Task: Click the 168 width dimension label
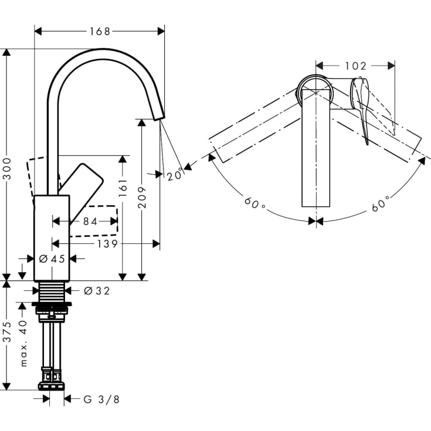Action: tap(99, 31)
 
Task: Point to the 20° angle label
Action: tap(174, 174)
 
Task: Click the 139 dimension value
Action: tap(106, 244)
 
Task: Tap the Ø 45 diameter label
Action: tap(52, 259)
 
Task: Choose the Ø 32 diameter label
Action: tap(96, 290)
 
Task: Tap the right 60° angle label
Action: tap(381, 206)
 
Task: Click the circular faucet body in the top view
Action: tap(316, 91)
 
